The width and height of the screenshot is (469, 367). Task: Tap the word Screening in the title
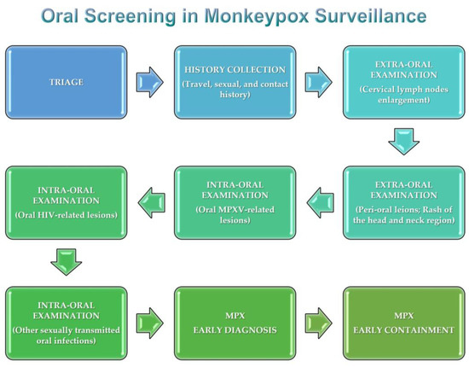click(x=136, y=15)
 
